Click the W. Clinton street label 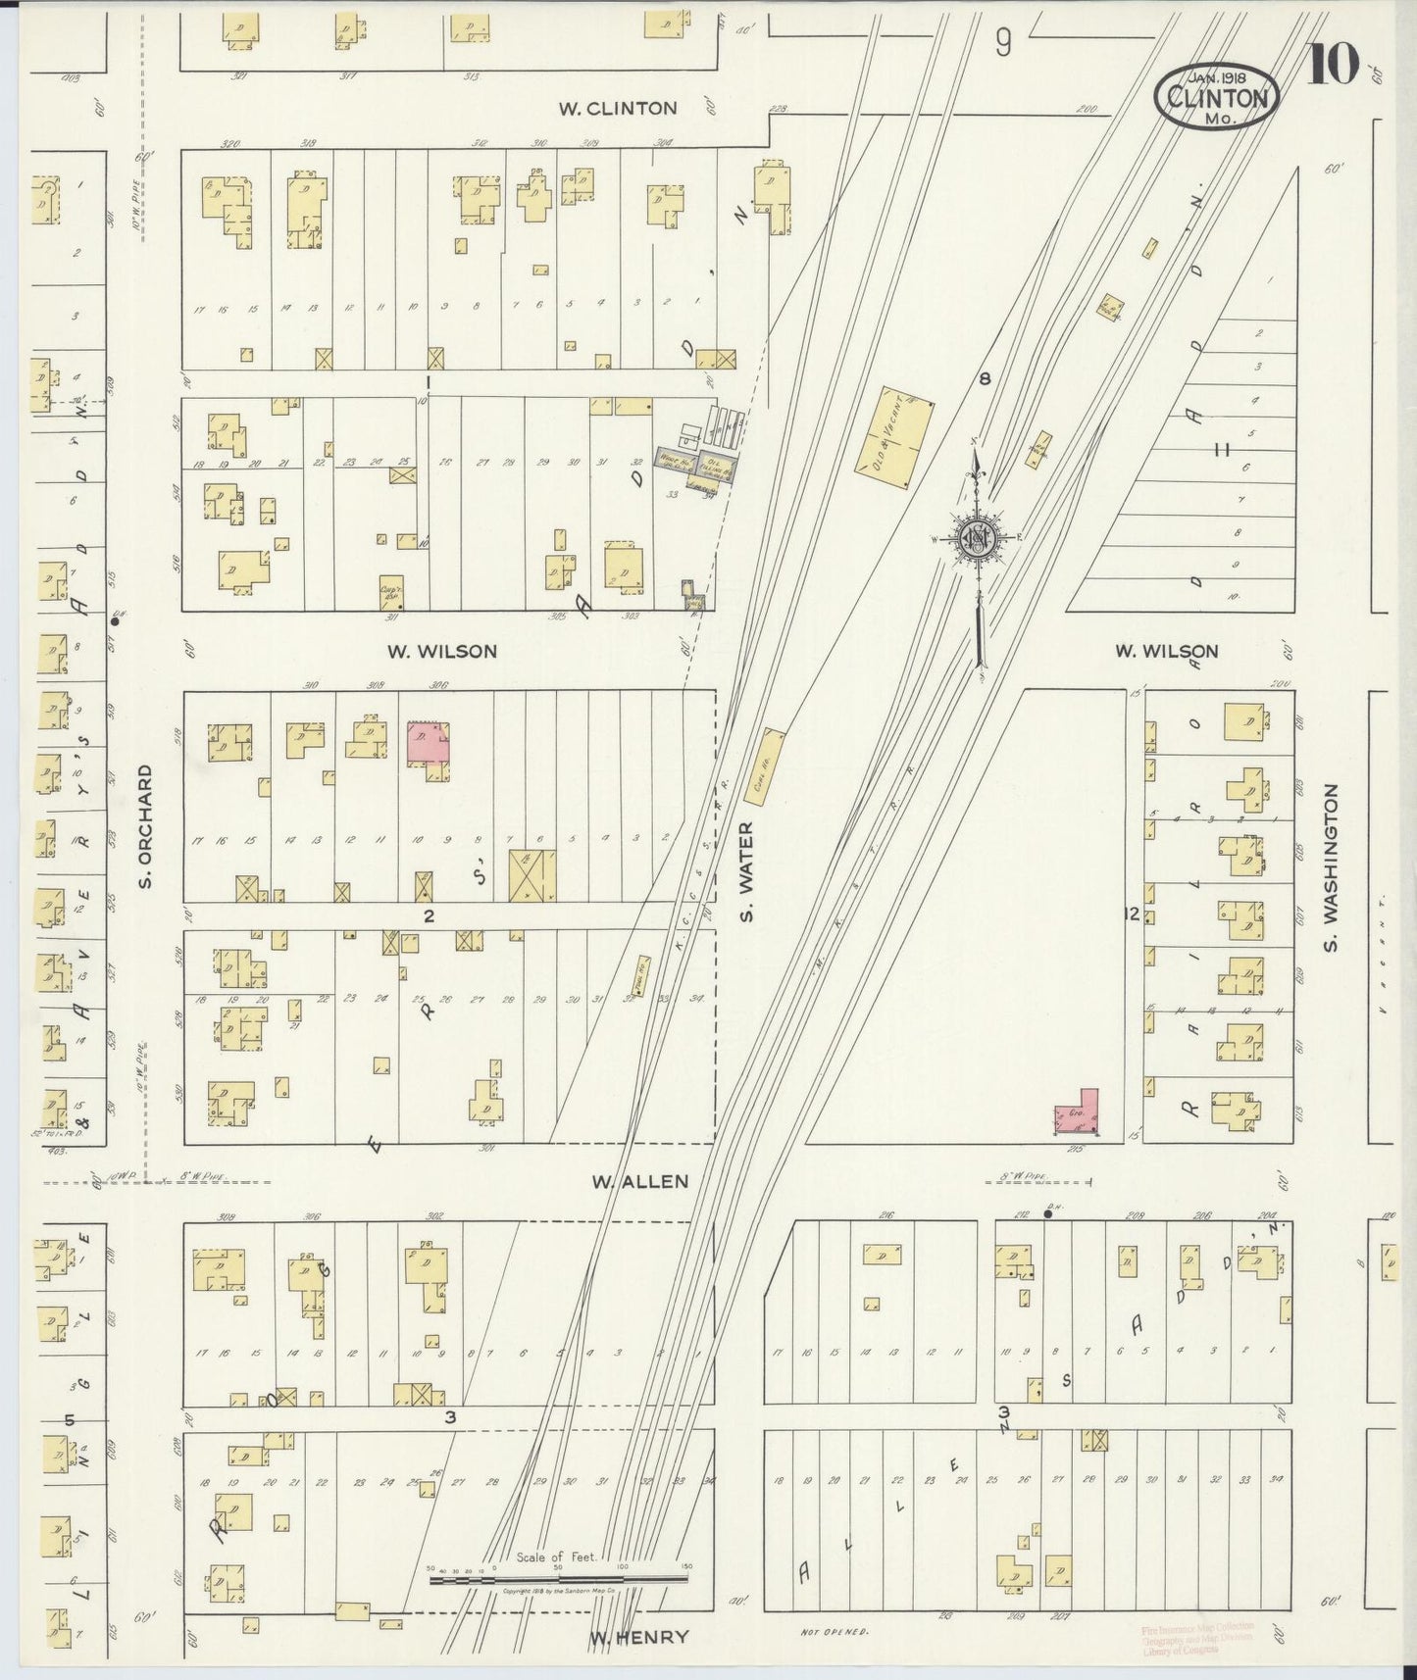pos(618,108)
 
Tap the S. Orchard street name pos(145,826)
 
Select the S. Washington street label pos(1331,867)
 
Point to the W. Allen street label pos(639,1182)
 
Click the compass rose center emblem pos(977,538)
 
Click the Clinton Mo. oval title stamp pos(1217,97)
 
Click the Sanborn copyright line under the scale pos(557,1594)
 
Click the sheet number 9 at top pos(1002,41)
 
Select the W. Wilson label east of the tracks pos(1165,651)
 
